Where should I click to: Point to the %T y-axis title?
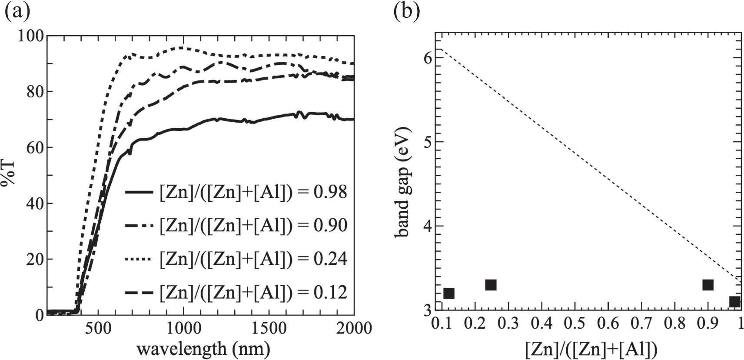tap(9, 174)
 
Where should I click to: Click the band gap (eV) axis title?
tap(404, 182)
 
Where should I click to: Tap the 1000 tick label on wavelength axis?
tap(183, 327)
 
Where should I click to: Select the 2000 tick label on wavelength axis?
tap(353, 327)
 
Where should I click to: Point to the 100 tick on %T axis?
tap(31, 36)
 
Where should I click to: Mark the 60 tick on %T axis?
tap(35, 147)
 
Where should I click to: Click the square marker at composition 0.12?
tap(449, 293)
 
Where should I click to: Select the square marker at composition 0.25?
tap(491, 285)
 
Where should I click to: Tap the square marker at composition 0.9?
tap(708, 285)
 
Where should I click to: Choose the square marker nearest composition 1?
tap(734, 301)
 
